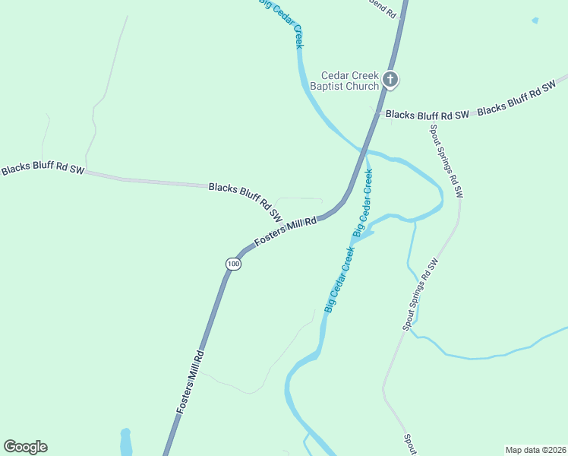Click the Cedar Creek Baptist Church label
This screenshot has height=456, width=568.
(349, 81)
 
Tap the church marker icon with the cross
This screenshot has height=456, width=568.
(390, 79)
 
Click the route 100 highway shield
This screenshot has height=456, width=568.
(233, 264)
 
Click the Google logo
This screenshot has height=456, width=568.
(25, 447)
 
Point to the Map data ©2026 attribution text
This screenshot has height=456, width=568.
(536, 450)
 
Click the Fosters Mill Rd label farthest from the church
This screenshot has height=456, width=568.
(192, 382)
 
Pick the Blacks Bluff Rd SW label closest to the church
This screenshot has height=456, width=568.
(427, 115)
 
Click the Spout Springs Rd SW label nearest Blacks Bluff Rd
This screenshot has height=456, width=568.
(446, 161)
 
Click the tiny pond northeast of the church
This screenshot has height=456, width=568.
(535, 21)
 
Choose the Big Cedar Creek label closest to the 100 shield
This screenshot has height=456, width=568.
(340, 279)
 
